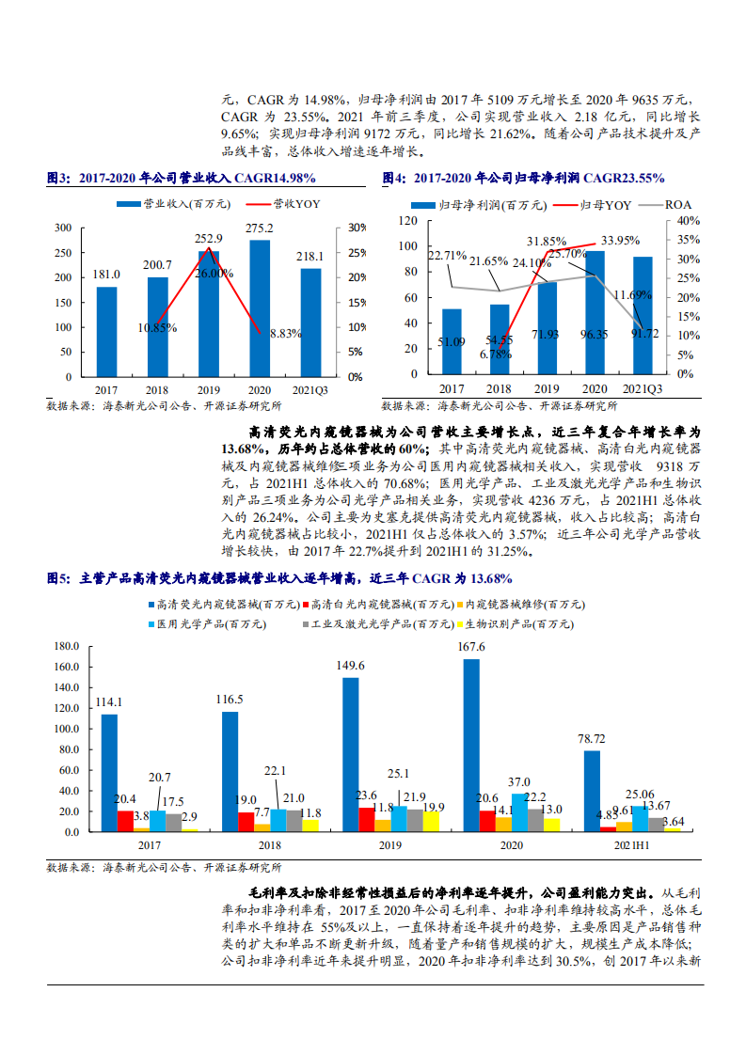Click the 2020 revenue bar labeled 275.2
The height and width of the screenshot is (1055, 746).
tap(260, 307)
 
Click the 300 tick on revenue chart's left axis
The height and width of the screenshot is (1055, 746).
tap(63, 228)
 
